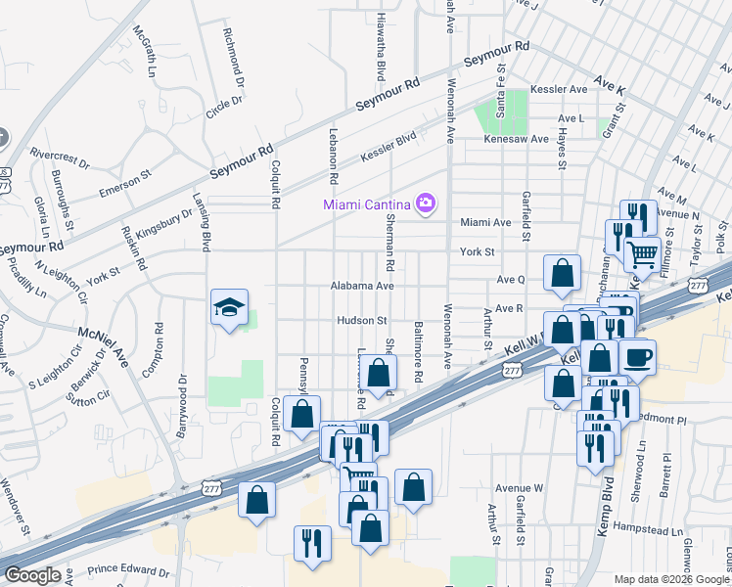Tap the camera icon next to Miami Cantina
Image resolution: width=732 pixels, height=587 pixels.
[x=426, y=203]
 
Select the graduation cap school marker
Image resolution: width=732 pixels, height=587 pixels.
[x=229, y=308]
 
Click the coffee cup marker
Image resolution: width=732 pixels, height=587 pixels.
[x=637, y=357]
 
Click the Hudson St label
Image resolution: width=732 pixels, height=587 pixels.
[x=362, y=320]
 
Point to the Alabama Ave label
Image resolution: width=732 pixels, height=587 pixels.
[x=362, y=286]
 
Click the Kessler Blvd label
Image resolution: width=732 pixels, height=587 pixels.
[x=389, y=148]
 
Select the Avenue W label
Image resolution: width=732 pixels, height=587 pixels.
[x=519, y=487]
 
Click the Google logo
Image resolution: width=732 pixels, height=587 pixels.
[x=32, y=575]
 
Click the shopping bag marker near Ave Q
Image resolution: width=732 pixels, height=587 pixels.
[x=563, y=274]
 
